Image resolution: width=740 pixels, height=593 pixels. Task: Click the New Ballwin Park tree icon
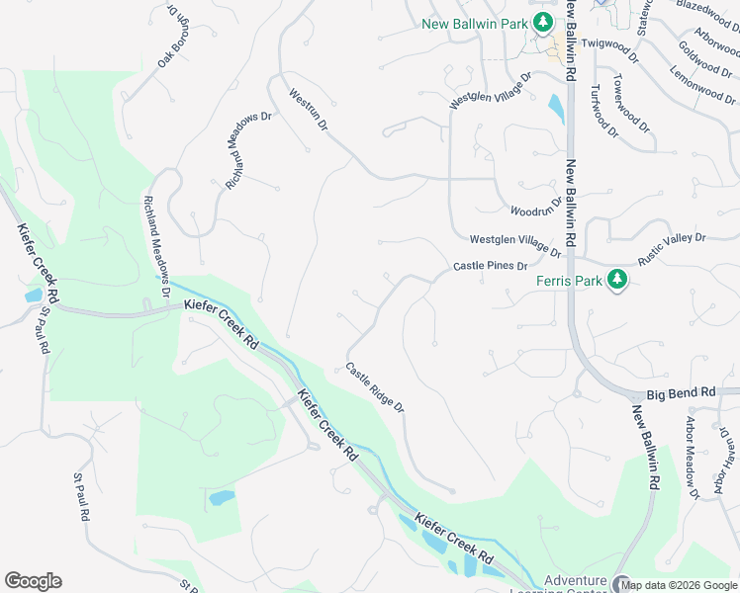click(x=542, y=23)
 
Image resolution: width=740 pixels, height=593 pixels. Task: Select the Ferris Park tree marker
click(x=617, y=280)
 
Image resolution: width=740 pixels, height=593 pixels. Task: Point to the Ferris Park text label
click(x=569, y=281)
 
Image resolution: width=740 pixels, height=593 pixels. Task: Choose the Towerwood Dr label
click(x=629, y=105)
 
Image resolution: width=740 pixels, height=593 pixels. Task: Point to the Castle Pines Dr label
click(x=490, y=266)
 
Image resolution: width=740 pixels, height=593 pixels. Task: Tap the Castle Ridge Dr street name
click(x=374, y=386)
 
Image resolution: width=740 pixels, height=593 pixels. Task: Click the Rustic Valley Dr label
click(x=671, y=245)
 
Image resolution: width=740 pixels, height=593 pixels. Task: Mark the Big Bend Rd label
click(x=681, y=392)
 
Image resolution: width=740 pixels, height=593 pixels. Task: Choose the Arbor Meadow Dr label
click(x=692, y=455)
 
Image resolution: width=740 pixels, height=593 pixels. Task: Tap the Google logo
click(x=33, y=580)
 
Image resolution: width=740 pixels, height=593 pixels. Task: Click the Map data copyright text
click(x=679, y=585)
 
